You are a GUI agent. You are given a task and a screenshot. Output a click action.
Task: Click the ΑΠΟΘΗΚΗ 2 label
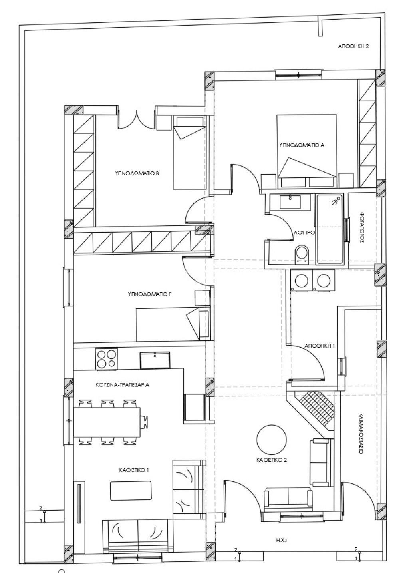pos(353,47)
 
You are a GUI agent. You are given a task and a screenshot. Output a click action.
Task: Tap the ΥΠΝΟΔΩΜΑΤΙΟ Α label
pos(302,145)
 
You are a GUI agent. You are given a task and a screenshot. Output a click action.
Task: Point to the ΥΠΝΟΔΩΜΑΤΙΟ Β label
pos(137,173)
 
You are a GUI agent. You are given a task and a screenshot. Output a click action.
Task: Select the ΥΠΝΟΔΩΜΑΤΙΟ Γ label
pos(149,294)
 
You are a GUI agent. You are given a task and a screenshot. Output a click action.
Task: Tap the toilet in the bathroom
pos(302,254)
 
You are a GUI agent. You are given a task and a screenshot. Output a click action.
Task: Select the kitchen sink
pos(155,360)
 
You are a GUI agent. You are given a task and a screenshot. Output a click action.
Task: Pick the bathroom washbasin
pos(291,202)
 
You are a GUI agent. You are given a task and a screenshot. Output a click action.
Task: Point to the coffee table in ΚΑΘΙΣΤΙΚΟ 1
pos(130,491)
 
